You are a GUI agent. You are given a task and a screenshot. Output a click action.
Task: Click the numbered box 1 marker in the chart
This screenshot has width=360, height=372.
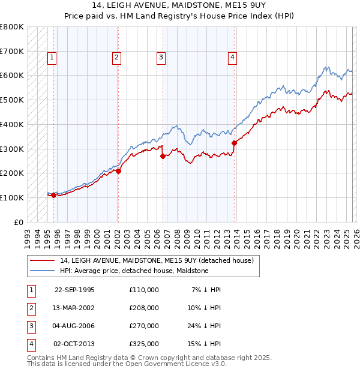pos(52,58)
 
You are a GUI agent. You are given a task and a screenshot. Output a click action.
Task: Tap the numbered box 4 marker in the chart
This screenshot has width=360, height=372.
pos(232,58)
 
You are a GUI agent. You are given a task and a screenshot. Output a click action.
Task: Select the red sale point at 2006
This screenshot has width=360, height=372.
pos(163,156)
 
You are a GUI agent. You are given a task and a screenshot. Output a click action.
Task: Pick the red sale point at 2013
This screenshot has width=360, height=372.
pos(234,143)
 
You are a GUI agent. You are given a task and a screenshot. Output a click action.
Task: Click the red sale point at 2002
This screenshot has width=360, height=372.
pos(119,171)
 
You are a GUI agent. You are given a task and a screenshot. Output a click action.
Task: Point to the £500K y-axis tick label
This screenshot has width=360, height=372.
pos(11,100)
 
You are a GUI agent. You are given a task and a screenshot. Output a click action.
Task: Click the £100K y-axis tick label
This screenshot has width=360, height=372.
pos(11,197)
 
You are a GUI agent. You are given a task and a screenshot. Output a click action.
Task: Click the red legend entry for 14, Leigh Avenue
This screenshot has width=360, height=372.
pos(157,260)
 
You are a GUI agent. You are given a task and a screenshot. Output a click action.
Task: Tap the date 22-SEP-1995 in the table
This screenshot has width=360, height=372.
pos(74,290)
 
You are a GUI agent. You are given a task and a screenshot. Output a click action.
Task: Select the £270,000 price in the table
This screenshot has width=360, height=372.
pos(144,326)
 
